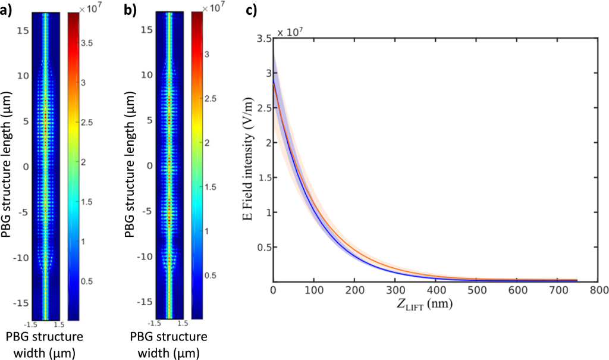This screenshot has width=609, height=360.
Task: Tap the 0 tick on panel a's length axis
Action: [x=26, y=166]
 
